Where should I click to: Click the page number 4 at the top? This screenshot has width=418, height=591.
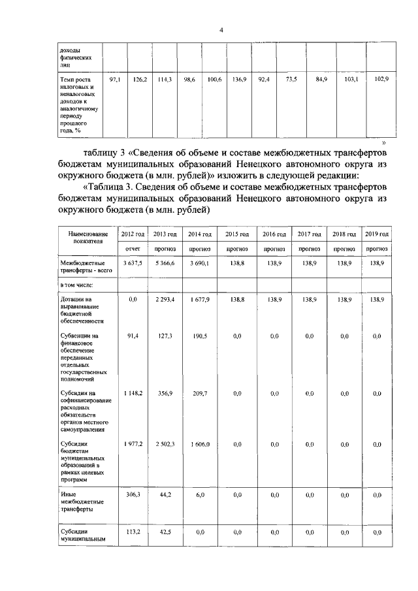point(221,30)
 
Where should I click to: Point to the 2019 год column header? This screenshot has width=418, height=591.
point(377,234)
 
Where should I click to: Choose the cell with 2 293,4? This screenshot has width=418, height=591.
point(165,298)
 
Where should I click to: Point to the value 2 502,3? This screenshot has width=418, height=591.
point(165,444)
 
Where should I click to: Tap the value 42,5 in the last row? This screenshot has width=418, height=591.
point(165,533)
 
